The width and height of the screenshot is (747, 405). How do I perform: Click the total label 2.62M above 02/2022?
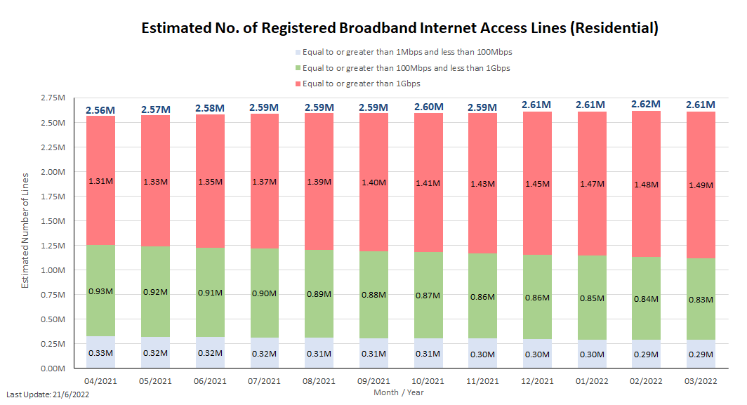[645, 104]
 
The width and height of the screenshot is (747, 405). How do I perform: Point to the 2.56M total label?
[101, 109]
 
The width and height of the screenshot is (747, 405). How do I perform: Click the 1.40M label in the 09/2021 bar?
[373, 182]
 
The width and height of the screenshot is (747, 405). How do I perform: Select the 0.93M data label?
[101, 291]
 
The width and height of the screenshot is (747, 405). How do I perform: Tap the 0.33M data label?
[101, 353]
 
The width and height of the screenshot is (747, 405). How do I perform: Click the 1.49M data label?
[700, 185]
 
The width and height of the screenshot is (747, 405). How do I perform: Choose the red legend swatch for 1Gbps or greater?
[298, 84]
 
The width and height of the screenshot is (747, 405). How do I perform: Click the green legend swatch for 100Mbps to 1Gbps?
[298, 68]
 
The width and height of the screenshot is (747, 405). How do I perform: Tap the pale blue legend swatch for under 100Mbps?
[298, 53]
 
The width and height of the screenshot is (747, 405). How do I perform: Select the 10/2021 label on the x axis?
[428, 381]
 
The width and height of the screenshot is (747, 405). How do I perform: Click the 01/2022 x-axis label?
[591, 381]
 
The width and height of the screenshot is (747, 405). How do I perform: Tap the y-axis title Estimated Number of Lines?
[25, 230]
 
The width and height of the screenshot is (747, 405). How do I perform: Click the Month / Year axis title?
[399, 392]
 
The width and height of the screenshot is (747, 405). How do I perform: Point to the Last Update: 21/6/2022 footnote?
[48, 395]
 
